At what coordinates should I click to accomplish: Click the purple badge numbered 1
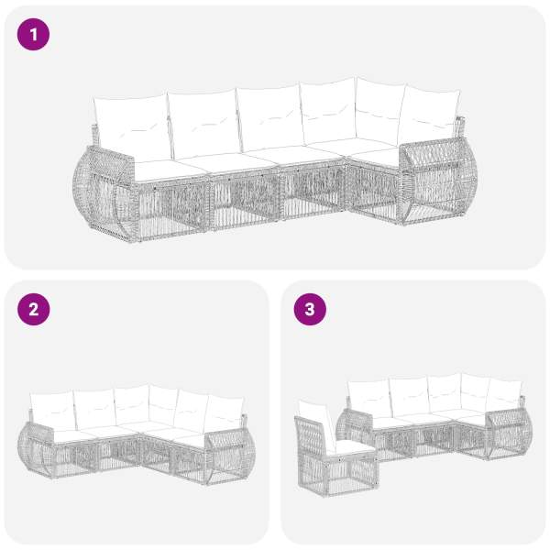(x=33, y=35)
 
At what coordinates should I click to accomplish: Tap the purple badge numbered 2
(x=33, y=310)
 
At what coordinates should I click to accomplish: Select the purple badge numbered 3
(x=310, y=310)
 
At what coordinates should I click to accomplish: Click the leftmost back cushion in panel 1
(x=132, y=127)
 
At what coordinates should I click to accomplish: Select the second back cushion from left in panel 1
(x=204, y=124)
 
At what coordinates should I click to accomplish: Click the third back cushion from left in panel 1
(x=270, y=117)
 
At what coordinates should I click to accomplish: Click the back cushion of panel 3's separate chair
(x=315, y=423)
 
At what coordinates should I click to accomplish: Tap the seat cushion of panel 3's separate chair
(x=353, y=448)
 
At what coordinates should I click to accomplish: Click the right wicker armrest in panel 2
(x=230, y=456)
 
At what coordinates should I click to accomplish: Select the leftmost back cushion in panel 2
(x=52, y=411)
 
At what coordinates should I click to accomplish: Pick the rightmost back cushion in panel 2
(x=225, y=415)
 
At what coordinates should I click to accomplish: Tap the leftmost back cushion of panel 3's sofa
(x=370, y=399)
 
